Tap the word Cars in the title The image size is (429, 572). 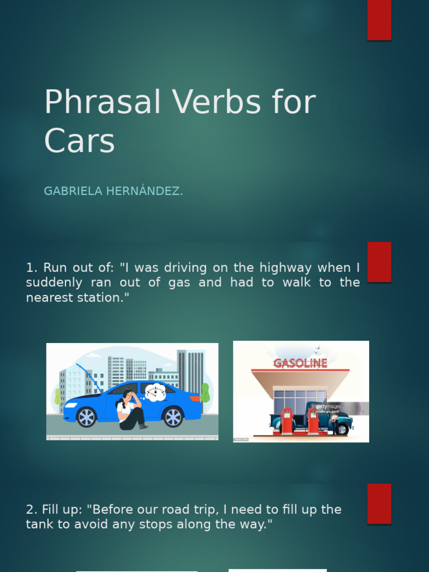[x=79, y=141]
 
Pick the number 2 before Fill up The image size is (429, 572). [x=30, y=509]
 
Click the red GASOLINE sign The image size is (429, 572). [x=301, y=364]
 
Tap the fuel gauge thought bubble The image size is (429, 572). [x=155, y=392]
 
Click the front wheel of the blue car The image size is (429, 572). [x=86, y=417]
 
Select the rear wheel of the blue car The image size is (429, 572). [x=173, y=417]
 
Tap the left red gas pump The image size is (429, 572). [x=287, y=422]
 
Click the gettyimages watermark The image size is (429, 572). [x=328, y=407]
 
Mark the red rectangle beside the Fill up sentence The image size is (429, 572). [x=379, y=503]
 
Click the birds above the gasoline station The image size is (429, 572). [x=317, y=350]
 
